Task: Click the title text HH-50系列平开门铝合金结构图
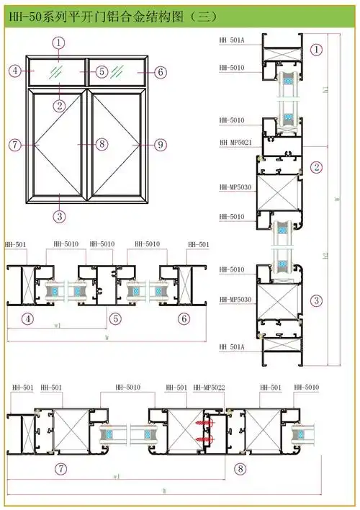tap(94, 14)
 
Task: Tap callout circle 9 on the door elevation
tap(160, 144)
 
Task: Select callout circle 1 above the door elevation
tap(58, 43)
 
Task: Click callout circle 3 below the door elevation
tap(58, 214)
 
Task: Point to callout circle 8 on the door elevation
tap(102, 144)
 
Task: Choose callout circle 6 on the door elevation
tap(160, 71)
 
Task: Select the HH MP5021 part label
tap(235, 143)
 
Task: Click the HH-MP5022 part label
tap(209, 388)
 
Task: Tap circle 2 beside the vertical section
tap(316, 167)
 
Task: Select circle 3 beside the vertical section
tap(316, 300)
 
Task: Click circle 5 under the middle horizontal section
tap(115, 318)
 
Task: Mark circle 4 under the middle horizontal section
tap(28, 318)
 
